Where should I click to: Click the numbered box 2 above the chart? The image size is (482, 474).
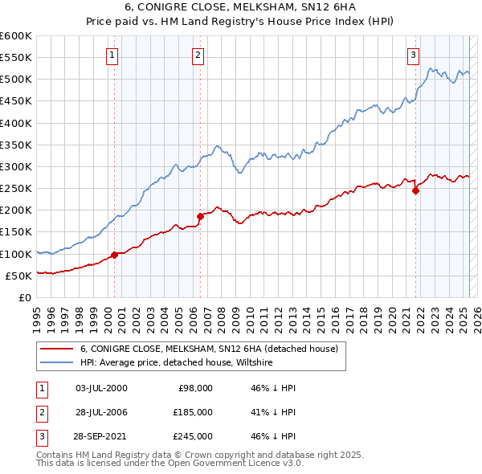tap(198, 55)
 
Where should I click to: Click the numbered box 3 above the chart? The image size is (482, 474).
tap(412, 55)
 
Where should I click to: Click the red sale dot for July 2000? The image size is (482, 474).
tap(114, 255)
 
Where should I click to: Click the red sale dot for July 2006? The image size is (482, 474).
tap(200, 216)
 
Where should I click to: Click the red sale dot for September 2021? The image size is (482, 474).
tap(416, 190)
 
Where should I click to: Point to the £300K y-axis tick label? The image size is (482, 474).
tap(15, 166)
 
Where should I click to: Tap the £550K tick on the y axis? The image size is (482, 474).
tap(15, 58)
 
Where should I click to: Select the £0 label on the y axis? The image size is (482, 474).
tap(25, 297)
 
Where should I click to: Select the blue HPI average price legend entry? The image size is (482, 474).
tap(177, 363)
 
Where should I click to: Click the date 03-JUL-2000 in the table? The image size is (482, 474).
tap(101, 388)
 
